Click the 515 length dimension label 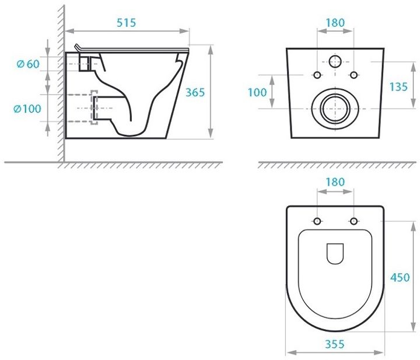[126, 23]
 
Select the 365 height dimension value [195, 92]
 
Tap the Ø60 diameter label [28, 64]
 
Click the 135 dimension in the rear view [398, 86]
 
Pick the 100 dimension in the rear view [257, 92]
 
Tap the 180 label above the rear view [335, 23]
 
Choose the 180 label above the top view [335, 182]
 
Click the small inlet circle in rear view [335, 61]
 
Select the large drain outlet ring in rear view [334, 109]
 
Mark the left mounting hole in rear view [317, 75]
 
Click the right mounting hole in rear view [353, 75]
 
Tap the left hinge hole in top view [317, 221]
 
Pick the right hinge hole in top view [353, 221]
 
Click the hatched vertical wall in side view [61, 88]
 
